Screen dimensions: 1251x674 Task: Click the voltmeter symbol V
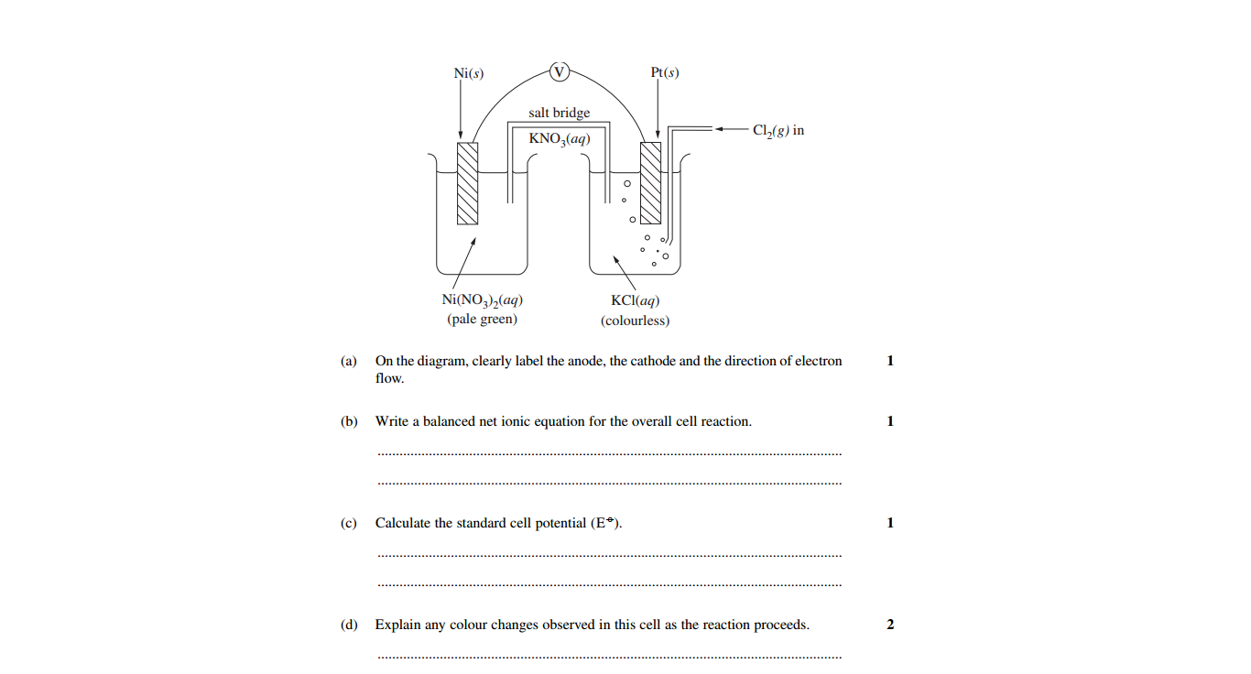559,71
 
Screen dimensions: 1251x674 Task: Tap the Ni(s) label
469,73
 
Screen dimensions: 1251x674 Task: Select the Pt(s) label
665,72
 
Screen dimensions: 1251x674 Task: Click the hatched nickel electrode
467,183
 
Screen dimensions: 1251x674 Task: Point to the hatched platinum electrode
650,183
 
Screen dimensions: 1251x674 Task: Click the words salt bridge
559,113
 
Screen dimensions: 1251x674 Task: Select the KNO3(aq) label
559,138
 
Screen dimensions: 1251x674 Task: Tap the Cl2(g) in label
778,130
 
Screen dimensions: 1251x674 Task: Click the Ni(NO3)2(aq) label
482,299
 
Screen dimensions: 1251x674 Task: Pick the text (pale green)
482,319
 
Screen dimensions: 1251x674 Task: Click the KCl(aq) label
635,300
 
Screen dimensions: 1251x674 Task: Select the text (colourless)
635,321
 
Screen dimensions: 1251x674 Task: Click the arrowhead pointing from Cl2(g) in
719,129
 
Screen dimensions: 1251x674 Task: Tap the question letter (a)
349,361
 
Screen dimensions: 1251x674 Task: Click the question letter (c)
349,523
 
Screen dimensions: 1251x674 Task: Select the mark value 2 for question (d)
890,625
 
